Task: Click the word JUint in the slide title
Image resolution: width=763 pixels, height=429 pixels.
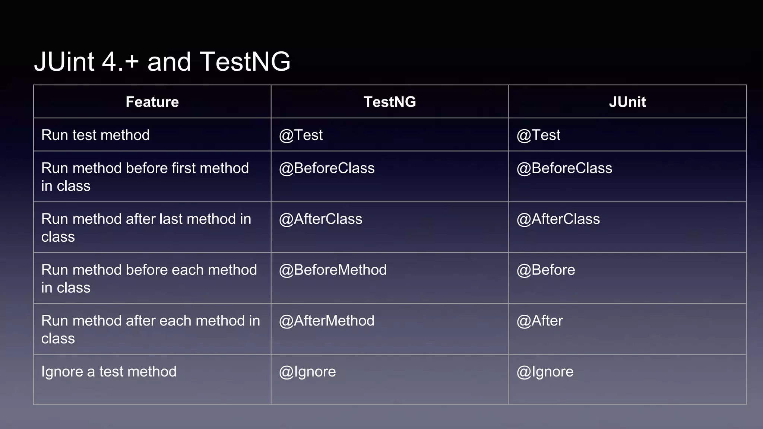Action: coord(64,62)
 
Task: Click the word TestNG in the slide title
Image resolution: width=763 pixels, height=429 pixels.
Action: coord(245,62)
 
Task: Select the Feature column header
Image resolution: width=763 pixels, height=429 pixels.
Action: coord(152,102)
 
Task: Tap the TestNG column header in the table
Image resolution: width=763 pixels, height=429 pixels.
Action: coord(390,102)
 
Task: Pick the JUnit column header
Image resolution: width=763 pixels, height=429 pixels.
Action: coord(627,102)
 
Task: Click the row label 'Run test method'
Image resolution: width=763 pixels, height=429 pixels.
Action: coord(95,135)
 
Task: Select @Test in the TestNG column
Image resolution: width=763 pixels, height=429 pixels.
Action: coord(301,135)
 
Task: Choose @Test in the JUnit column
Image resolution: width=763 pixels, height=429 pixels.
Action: coord(538,135)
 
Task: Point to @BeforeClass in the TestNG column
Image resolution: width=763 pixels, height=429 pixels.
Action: coord(327,168)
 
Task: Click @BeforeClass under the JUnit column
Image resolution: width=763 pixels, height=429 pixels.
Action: coord(564,168)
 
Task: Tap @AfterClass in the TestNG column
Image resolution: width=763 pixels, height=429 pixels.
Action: coord(320,219)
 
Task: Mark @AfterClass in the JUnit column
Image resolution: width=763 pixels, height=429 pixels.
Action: coord(558,219)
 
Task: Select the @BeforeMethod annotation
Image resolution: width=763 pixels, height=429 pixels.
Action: coord(333,270)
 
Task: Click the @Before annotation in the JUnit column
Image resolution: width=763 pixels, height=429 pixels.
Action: coord(546,270)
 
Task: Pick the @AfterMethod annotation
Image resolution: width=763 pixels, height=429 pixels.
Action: coord(327,321)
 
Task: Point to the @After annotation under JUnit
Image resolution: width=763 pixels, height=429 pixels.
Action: coord(539,321)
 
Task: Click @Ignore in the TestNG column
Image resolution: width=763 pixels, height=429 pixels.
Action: coord(307,372)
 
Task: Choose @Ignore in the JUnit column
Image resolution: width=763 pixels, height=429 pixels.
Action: coord(545,372)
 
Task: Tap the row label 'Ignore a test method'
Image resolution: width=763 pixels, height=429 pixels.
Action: coord(109,372)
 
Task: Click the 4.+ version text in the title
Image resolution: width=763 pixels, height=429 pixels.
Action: coord(120,62)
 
